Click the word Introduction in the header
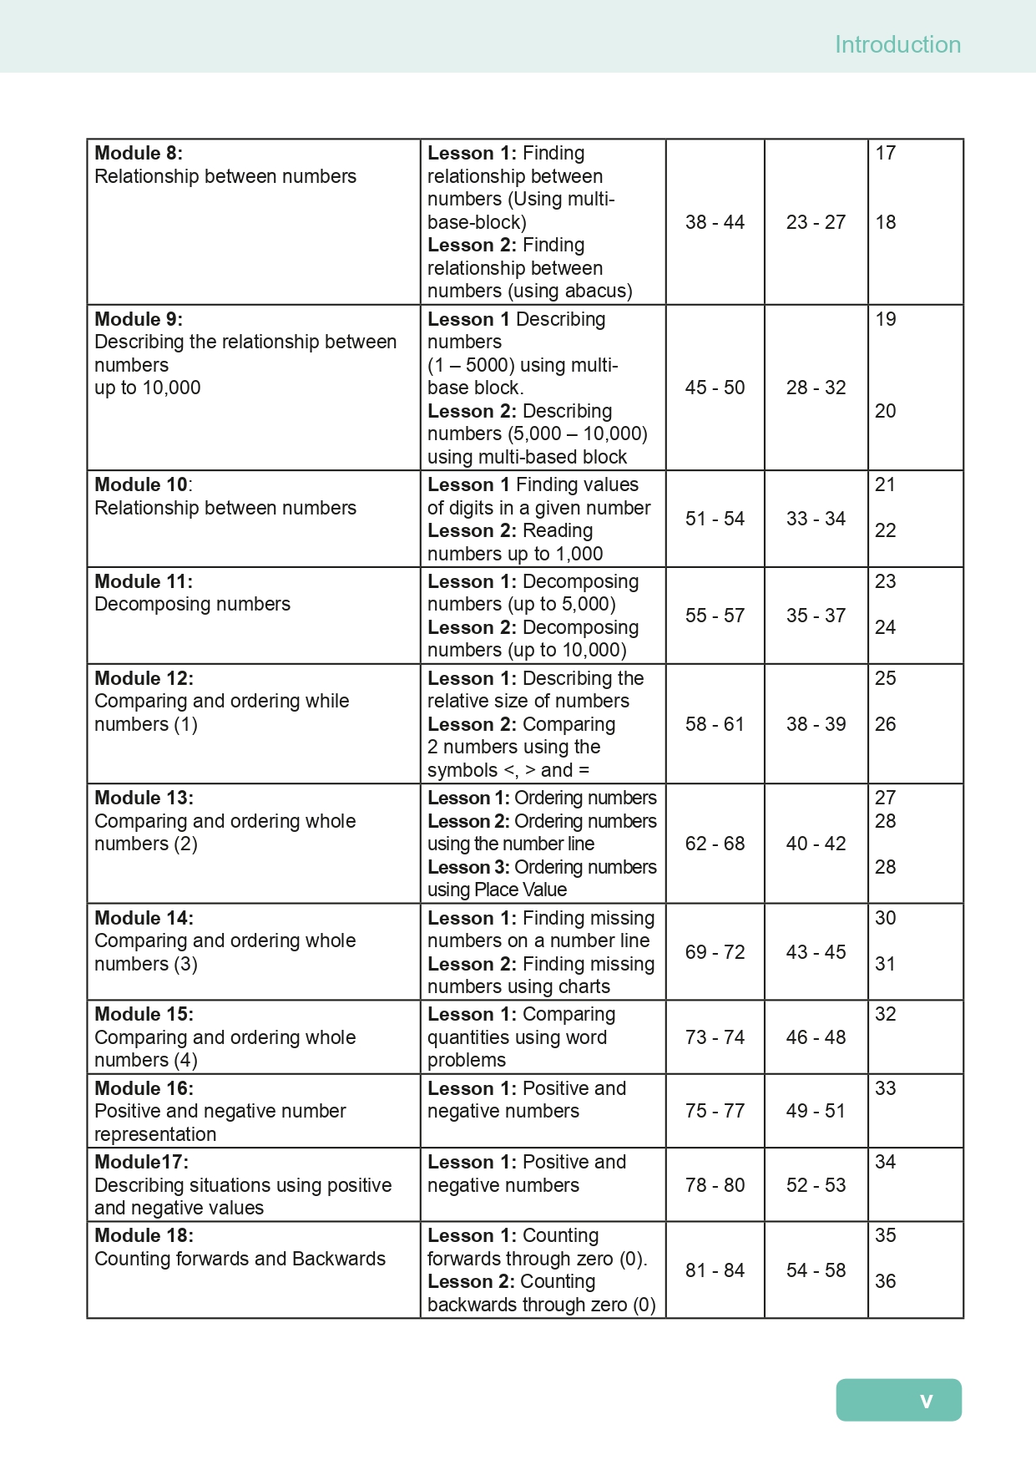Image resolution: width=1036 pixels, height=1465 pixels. click(897, 44)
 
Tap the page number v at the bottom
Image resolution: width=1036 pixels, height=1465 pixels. click(926, 1401)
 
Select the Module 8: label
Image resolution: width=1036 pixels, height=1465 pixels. click(139, 153)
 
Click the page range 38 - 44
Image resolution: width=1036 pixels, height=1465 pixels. click(715, 222)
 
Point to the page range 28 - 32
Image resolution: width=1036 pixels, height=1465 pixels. click(816, 388)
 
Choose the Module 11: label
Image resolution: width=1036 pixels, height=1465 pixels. click(144, 581)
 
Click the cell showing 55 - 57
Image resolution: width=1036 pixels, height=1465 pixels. click(715, 616)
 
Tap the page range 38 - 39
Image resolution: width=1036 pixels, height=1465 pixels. click(816, 724)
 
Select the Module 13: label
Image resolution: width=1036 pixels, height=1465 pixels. click(144, 798)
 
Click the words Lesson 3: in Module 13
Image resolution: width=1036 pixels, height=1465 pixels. click(468, 867)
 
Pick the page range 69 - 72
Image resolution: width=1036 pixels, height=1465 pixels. click(715, 952)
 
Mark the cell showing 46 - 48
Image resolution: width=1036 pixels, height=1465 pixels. click(816, 1037)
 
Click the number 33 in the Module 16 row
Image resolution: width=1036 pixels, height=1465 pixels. click(885, 1088)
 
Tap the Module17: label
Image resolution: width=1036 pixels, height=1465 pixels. click(141, 1162)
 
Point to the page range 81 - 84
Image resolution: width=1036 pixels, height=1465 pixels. click(715, 1270)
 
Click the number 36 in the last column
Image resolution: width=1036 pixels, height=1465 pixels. click(885, 1281)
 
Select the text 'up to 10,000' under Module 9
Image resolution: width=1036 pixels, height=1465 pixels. click(148, 388)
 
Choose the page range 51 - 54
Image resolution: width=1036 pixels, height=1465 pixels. click(715, 519)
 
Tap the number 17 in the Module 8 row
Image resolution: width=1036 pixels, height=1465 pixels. click(885, 153)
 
